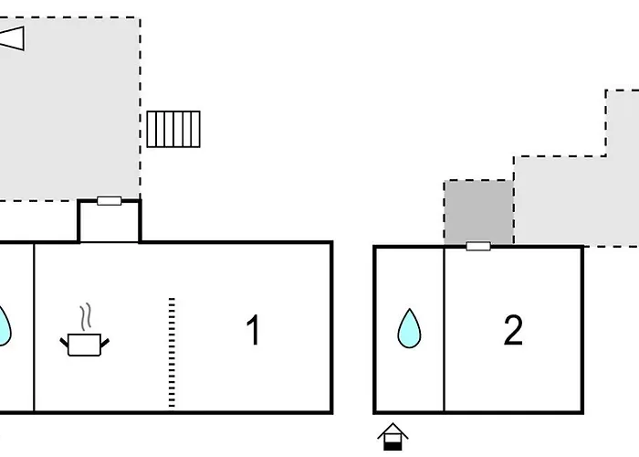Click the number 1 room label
coord(253,331)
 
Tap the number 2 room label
coord(513,331)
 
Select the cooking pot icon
coord(85,344)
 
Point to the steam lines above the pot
coord(86,318)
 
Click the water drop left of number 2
coord(410,328)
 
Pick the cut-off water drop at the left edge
coord(4,324)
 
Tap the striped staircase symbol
coord(173,129)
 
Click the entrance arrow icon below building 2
coord(393,436)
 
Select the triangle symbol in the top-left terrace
coord(11,38)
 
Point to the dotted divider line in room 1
coord(172,352)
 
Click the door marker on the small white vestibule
coord(110,200)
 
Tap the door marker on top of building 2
coord(477,246)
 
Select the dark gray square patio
coord(478,212)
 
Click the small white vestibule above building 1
coord(110,223)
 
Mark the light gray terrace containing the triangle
coord(68,110)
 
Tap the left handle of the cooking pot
coord(64,341)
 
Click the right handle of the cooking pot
coord(106,341)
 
